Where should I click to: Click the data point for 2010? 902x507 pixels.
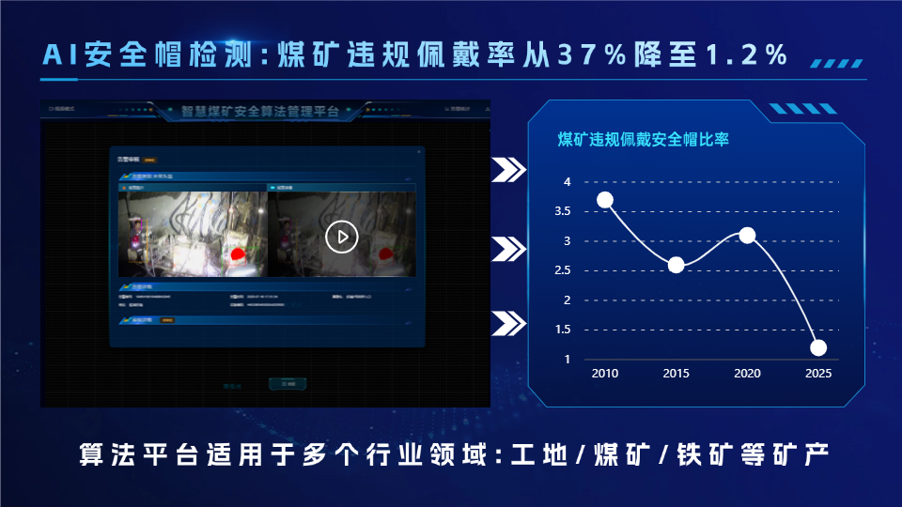605,200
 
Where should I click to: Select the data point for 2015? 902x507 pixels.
676,265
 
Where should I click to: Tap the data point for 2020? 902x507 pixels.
747,235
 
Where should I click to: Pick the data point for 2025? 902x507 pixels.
818,347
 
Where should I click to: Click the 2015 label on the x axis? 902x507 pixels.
676,374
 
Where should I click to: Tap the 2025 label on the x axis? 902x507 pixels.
818,374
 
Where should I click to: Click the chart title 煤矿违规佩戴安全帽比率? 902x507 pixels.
644,140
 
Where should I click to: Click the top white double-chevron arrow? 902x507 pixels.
508,170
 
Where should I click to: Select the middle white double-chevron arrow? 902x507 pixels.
508,249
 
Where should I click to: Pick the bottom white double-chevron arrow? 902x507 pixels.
508,323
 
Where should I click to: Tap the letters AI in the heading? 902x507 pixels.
62,55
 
